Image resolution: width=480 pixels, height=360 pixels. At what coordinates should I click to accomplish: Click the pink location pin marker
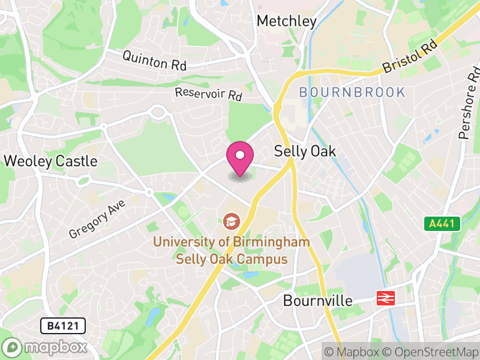coord(239,158)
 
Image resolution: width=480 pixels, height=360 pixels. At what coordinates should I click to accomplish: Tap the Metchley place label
coord(286,21)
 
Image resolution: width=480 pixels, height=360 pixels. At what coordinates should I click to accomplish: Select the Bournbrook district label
coord(352,92)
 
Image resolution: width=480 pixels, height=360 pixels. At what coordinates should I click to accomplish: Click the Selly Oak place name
coord(305,151)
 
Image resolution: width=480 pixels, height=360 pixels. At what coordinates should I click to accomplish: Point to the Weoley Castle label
coord(50,161)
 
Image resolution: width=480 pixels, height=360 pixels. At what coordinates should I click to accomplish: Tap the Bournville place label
coord(317,301)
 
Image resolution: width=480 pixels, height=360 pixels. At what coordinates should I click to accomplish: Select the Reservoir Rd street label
coord(208,94)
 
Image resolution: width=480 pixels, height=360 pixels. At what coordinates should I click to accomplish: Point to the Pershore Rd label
coord(470,102)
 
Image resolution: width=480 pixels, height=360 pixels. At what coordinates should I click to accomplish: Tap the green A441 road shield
coord(443,224)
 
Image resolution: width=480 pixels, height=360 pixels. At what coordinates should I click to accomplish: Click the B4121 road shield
coord(62,326)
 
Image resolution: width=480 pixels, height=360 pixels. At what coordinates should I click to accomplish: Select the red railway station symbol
coord(385,298)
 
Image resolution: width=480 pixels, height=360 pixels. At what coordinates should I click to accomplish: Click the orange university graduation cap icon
coord(230,221)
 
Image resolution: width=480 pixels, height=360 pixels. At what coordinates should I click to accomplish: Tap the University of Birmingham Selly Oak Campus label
coord(232,251)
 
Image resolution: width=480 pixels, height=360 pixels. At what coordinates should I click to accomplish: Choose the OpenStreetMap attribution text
coord(430,352)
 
